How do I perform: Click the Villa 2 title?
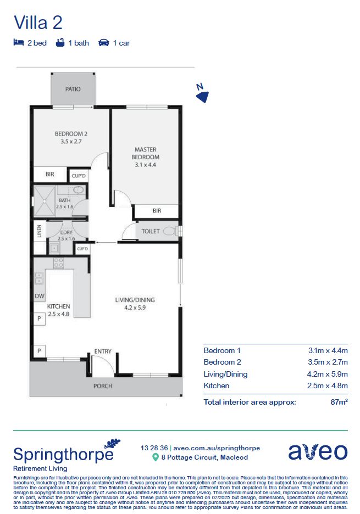coord(38,23)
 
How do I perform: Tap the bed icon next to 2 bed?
coord(18,42)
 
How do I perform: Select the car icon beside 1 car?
coord(103,42)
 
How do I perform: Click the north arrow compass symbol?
coord(202,95)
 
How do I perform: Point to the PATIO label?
coord(73,89)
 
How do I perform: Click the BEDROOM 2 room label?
coord(71,133)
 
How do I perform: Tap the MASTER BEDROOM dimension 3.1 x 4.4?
coord(146,164)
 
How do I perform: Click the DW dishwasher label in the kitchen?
coord(38,296)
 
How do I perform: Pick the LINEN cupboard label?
coord(38,231)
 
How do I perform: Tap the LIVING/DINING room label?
coord(135,300)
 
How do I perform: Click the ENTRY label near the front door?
coord(103,351)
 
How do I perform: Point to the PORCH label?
coord(103,386)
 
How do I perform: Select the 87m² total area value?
coord(338,402)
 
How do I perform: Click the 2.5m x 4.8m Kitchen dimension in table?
coord(328,386)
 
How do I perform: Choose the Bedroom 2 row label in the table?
coord(222,362)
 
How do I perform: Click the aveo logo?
coord(318,452)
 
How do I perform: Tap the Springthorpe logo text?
coord(63,454)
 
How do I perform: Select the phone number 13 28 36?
coord(154,448)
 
